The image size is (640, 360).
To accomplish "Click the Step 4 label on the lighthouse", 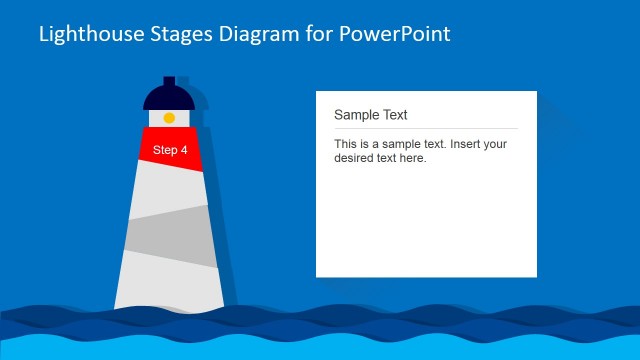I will pos(170,150).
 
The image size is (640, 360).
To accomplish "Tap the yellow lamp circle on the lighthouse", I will pos(169,118).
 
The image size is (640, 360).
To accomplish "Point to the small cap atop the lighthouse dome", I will pos(169,80).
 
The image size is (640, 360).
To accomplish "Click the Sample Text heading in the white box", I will pos(370,115).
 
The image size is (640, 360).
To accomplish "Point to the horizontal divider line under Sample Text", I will pos(425,128).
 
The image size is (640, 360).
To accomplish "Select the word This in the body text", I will pos(346,144).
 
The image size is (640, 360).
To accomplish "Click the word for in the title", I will pos(310,34).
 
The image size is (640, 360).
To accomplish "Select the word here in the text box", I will pos(413,158).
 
